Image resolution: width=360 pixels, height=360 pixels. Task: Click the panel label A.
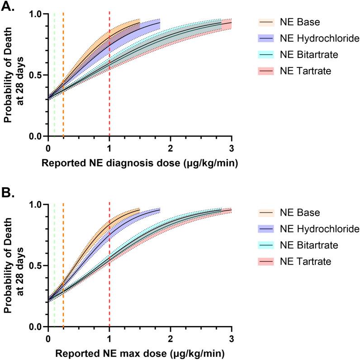[9, 7]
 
